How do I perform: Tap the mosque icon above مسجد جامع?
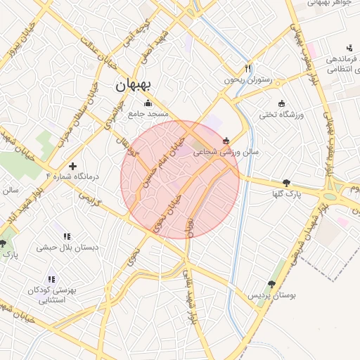click(147, 103)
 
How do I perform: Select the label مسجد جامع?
click(147, 113)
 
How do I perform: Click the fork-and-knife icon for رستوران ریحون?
click(247, 68)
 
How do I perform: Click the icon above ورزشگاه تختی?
click(282, 103)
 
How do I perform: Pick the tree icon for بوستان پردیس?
click(272, 284)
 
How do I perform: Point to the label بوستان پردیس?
click(271, 295)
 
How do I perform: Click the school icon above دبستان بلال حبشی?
click(67, 237)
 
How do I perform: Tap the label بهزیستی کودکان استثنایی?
click(51, 295)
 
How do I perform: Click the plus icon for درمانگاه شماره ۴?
click(72, 167)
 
